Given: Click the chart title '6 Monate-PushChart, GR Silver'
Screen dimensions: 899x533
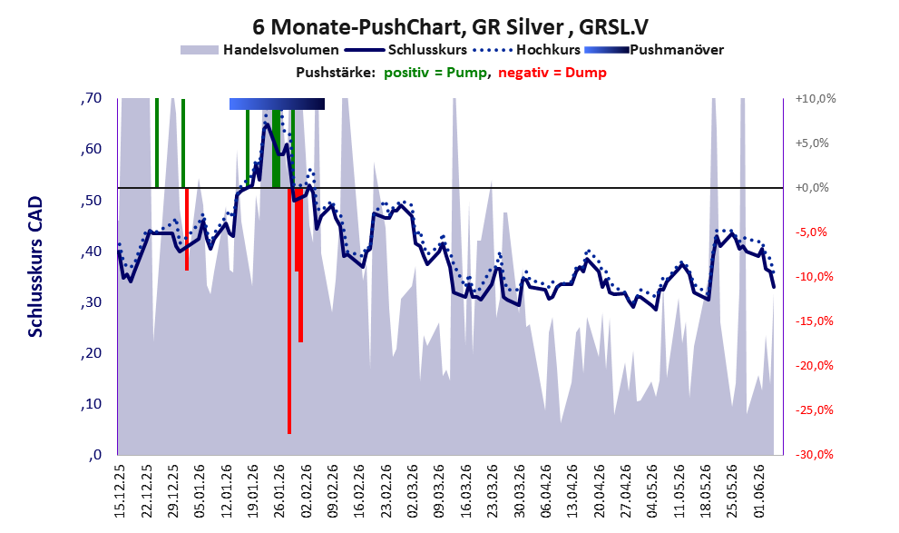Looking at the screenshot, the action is [x=412, y=27].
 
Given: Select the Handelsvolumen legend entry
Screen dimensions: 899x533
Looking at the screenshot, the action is [x=259, y=50].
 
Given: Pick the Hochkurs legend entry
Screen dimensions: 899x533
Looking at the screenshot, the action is [x=526, y=50].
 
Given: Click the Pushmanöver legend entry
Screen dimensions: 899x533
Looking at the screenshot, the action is [x=654, y=50].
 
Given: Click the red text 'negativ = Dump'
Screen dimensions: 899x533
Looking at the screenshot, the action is [x=552, y=73].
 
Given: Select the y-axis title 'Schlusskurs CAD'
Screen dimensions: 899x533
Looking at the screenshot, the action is [x=35, y=267].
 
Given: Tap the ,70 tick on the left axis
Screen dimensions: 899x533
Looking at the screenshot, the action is [x=92, y=98].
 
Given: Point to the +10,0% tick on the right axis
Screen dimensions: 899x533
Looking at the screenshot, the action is [x=816, y=99].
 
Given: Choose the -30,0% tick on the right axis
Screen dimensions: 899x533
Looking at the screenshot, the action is [x=814, y=454].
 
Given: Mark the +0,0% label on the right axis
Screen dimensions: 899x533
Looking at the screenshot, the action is [x=812, y=188].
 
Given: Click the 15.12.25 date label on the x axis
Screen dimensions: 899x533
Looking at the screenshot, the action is [x=120, y=491].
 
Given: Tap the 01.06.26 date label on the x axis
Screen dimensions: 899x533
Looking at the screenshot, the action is [x=760, y=491].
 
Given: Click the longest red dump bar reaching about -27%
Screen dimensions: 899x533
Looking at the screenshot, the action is [x=289, y=311].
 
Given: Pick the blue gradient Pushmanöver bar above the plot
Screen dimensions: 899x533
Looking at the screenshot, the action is [x=277, y=104].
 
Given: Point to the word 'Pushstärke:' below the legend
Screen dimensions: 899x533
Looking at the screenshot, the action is [x=336, y=73].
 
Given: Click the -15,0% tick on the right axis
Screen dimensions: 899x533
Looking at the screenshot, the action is [x=814, y=321].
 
